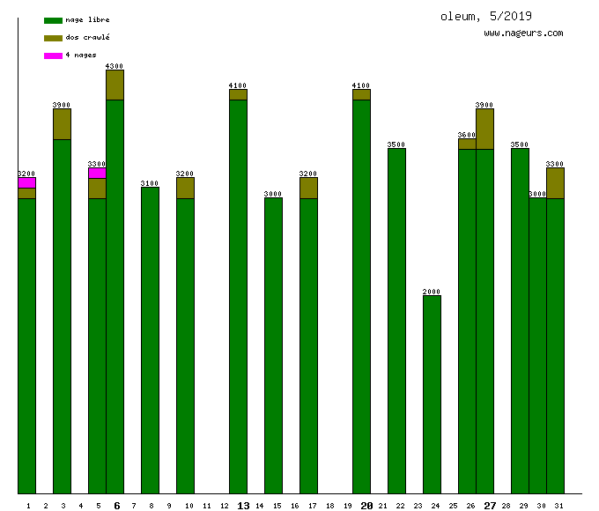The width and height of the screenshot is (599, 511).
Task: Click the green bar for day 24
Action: tap(432, 394)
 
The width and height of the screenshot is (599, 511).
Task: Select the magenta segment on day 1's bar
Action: tap(26, 182)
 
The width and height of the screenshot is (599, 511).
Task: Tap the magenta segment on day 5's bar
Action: tap(97, 173)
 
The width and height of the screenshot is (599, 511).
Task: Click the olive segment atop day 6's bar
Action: tap(115, 85)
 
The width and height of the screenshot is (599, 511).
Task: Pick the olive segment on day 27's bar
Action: tap(484, 129)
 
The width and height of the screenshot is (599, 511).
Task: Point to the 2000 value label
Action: tap(432, 292)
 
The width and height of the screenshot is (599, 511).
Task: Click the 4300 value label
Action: tap(115, 66)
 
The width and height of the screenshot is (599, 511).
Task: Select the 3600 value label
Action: tap(467, 135)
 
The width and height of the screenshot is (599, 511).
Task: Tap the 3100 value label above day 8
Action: tap(150, 183)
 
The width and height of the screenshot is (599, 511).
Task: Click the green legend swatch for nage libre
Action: tap(53, 20)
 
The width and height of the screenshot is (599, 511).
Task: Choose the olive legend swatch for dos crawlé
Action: tap(53, 38)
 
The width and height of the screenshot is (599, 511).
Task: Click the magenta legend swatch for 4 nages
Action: tap(53, 56)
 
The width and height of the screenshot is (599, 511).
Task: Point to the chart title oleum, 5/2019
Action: tap(486, 16)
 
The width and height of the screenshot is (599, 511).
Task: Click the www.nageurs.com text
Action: tap(523, 33)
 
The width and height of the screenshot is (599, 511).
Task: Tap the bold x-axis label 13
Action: tap(243, 506)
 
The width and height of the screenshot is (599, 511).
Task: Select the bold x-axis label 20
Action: tap(366, 506)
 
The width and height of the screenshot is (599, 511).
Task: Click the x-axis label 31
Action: tap(558, 506)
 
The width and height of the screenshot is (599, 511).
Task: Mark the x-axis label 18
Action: tap(329, 506)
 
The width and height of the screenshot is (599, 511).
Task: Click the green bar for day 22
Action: tap(396, 321)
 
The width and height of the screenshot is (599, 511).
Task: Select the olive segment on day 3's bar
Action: tap(62, 124)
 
